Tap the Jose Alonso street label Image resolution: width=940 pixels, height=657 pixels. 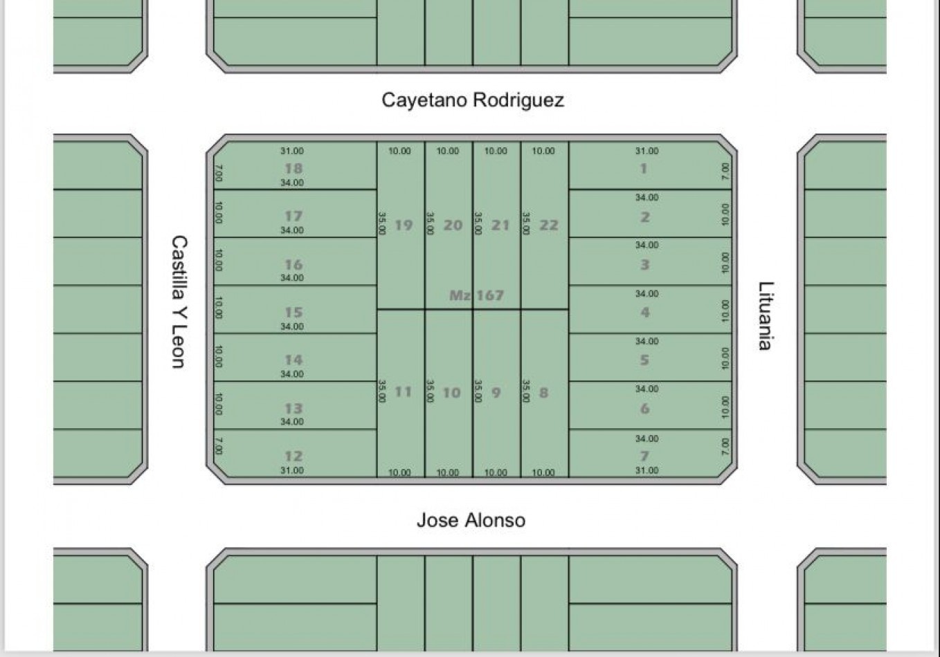pos(471,520)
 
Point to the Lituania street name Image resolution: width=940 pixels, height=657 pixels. pos(766,316)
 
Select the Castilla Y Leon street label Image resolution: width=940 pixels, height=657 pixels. pos(179,302)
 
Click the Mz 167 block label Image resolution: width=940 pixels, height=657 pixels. pos(476,295)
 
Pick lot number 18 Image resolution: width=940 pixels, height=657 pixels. pos(293,169)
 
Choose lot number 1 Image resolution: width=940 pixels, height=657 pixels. pos(643,169)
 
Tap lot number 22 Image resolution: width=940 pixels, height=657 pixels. pos(549,225)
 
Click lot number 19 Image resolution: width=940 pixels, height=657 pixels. pos(404,225)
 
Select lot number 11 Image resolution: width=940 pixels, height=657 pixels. pos(404,392)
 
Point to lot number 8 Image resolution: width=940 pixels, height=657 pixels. pos(543,393)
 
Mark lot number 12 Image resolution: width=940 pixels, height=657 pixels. pos(293,456)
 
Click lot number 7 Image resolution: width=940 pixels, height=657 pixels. pos(644,456)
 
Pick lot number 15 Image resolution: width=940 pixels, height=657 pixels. pos(293,313)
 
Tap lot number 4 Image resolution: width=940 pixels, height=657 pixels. pos(645,313)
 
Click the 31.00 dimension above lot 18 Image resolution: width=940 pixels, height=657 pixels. pos(292,151)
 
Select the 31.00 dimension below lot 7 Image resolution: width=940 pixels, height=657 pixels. pos(647,470)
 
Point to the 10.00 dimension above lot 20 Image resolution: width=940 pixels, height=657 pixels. pos(448,151)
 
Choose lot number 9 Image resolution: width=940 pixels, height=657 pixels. pos(496,393)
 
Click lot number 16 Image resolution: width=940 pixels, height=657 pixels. pos(293,265)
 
